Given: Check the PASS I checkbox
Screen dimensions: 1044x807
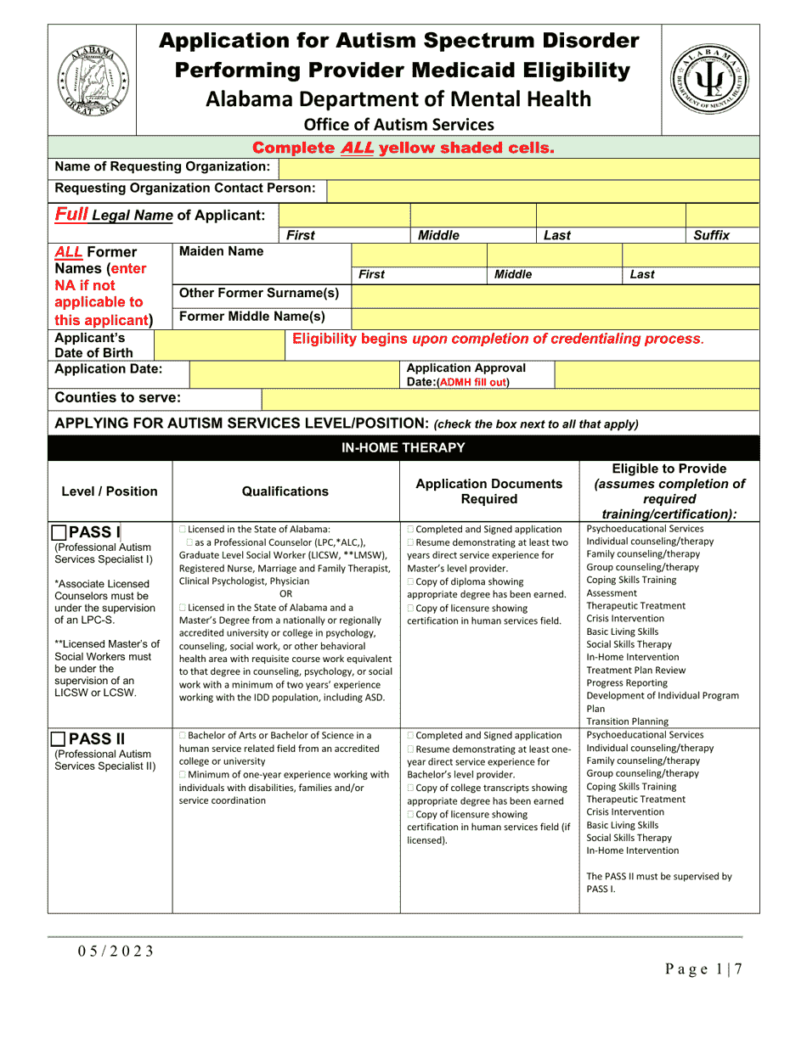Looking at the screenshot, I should point(59,533).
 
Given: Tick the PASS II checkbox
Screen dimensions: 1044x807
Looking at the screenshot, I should point(59,739).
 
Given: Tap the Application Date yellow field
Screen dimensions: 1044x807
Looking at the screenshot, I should point(294,374).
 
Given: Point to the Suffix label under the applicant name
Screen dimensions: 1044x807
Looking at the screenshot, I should point(711,236).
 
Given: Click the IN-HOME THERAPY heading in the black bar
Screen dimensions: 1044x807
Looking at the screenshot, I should point(403,448).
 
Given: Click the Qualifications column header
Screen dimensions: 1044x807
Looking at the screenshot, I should point(285,491).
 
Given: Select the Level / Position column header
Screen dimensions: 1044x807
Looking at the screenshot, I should point(110,491).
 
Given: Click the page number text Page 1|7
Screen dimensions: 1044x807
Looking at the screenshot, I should point(704,969).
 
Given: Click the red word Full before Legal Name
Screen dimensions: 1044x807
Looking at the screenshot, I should point(71,214).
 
